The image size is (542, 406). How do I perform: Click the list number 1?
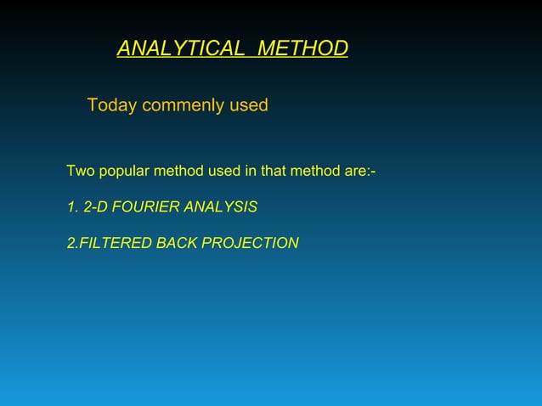(71, 207)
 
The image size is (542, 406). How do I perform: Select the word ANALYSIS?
(222, 207)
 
